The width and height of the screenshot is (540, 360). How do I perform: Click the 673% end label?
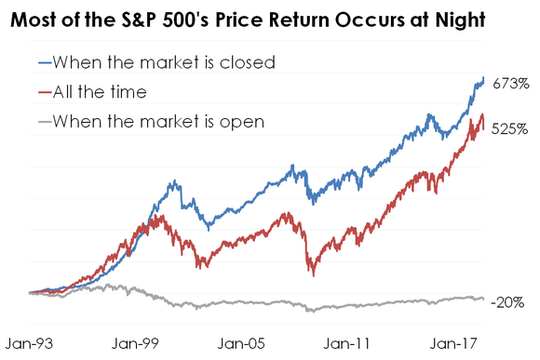click(x=510, y=84)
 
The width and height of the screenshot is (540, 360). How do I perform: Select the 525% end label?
click(x=510, y=130)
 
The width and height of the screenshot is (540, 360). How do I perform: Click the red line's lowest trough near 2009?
click(x=311, y=273)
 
